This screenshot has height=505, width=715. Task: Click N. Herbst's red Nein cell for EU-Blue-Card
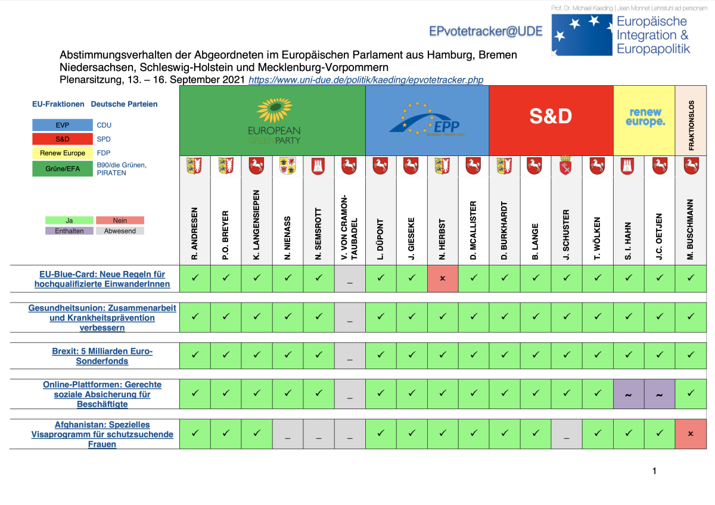(443, 279)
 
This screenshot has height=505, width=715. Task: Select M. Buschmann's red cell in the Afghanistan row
(691, 434)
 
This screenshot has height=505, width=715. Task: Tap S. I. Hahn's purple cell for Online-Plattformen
(629, 394)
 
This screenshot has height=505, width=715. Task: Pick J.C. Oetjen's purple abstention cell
(660, 394)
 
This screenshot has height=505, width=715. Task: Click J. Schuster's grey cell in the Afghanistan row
(567, 434)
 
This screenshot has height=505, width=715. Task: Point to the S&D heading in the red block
(551, 117)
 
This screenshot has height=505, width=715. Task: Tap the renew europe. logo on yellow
(644, 117)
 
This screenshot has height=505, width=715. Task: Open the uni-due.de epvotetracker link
(365, 80)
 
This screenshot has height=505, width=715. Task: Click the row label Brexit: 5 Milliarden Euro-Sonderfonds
(102, 356)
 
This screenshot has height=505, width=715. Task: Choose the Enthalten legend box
(69, 230)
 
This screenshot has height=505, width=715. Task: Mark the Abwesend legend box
(120, 230)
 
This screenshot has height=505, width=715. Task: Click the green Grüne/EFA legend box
(63, 169)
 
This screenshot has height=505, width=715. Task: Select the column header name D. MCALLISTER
(474, 229)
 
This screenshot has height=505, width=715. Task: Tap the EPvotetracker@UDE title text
(486, 31)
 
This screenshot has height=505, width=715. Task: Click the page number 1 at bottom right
(654, 471)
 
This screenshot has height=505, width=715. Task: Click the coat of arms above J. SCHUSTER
(567, 166)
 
